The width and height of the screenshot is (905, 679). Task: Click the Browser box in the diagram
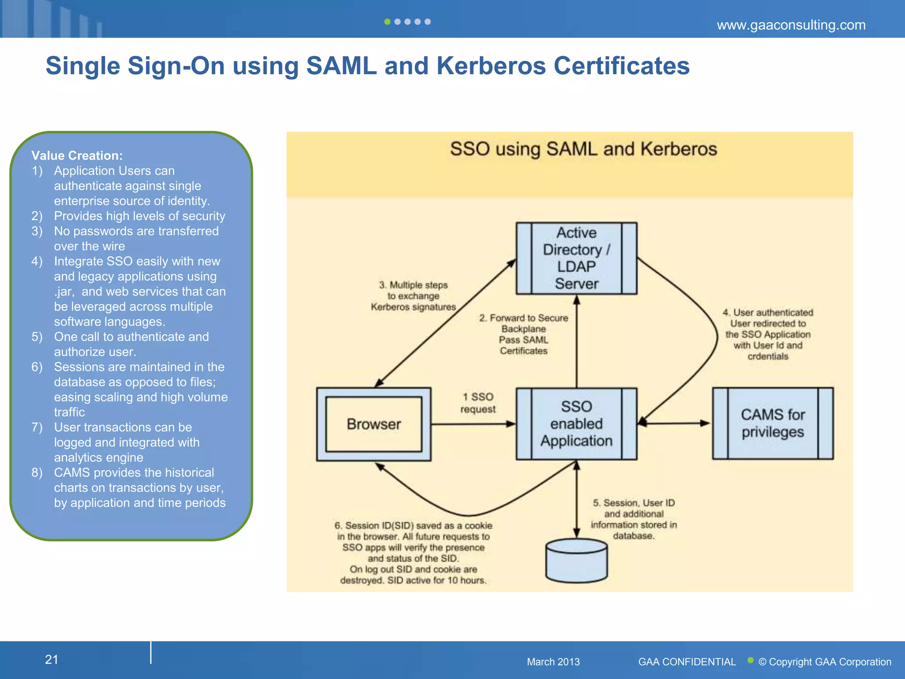coord(374,424)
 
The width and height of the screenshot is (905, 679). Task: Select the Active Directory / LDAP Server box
coord(576,258)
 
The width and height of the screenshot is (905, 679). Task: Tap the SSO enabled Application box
coord(576,423)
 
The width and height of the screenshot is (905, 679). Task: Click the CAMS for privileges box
coord(772,423)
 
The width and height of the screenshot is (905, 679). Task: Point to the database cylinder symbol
coord(576,561)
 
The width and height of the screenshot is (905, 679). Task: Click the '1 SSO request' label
coord(478,403)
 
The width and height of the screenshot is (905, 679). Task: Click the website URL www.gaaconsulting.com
coord(791,25)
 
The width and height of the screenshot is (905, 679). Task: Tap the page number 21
coord(52,660)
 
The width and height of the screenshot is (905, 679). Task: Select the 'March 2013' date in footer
coord(553,662)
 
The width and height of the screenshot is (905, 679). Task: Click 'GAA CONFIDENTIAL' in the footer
coord(687,662)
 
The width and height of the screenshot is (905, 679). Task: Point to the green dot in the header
coord(387,22)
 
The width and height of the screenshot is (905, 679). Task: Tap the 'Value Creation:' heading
coord(77,156)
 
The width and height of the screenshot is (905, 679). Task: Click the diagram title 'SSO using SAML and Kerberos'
coord(583,149)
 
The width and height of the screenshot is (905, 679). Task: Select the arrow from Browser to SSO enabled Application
coord(473,424)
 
